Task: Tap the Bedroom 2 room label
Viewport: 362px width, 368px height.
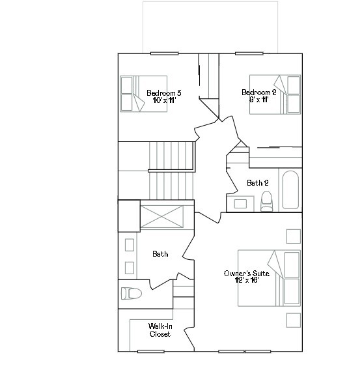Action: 258,92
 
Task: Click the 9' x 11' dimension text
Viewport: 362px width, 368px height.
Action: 258,100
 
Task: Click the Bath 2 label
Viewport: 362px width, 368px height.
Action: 258,183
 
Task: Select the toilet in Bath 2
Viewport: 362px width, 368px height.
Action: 266,202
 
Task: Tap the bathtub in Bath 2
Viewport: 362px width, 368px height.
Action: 290,190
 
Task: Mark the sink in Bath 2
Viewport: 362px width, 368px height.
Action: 240,204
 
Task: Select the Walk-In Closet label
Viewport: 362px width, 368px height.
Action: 160,330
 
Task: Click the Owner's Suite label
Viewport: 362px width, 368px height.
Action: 246,274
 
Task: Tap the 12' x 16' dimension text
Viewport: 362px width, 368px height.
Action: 246,282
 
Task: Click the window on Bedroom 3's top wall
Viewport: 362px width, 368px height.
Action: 165,53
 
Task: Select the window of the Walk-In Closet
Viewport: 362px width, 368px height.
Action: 150,351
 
